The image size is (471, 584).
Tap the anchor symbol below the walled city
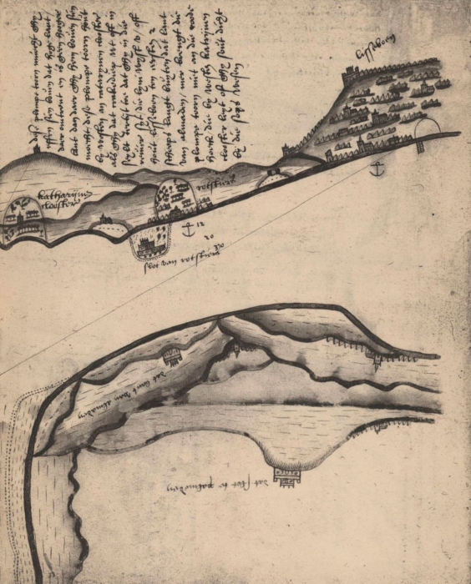point(377,169)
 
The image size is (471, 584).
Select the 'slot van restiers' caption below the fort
point(177,259)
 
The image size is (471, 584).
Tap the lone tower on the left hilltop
point(38,150)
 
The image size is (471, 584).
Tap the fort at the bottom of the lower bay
point(284,477)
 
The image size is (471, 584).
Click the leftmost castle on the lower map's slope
point(172,356)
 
